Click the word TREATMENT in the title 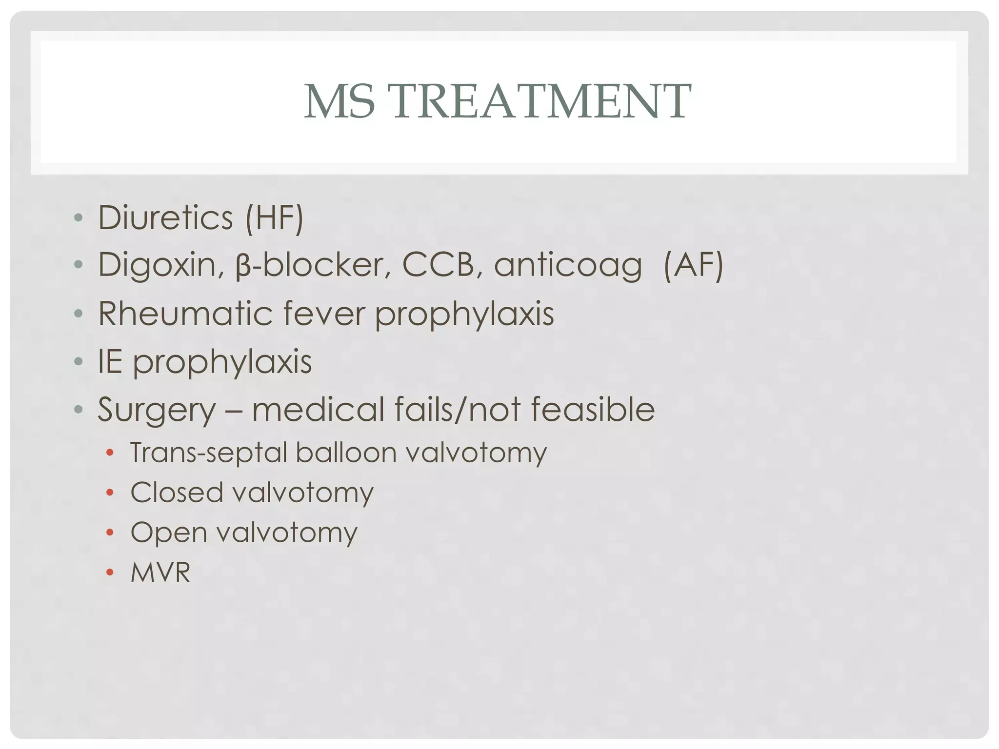(541, 101)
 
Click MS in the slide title (340, 101)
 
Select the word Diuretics (165, 217)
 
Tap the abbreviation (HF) (275, 217)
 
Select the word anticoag (568, 266)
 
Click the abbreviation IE (110, 361)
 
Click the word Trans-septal (209, 453)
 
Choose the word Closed (176, 492)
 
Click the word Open (169, 533)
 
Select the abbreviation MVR (160, 572)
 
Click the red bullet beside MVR (110, 572)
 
